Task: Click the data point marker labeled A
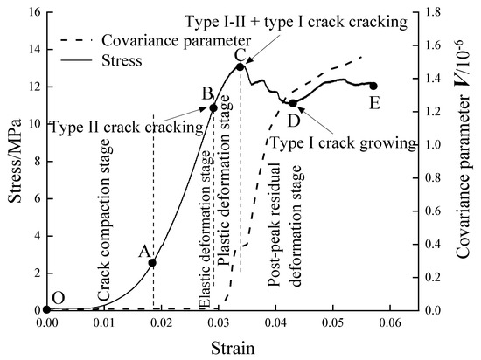[x=152, y=262]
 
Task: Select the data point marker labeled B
[x=213, y=107]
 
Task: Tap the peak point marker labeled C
[x=240, y=66]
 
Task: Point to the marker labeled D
[x=293, y=103]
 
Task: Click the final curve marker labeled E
[x=373, y=86]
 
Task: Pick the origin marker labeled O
[x=46, y=309]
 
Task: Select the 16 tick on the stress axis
[x=31, y=11]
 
